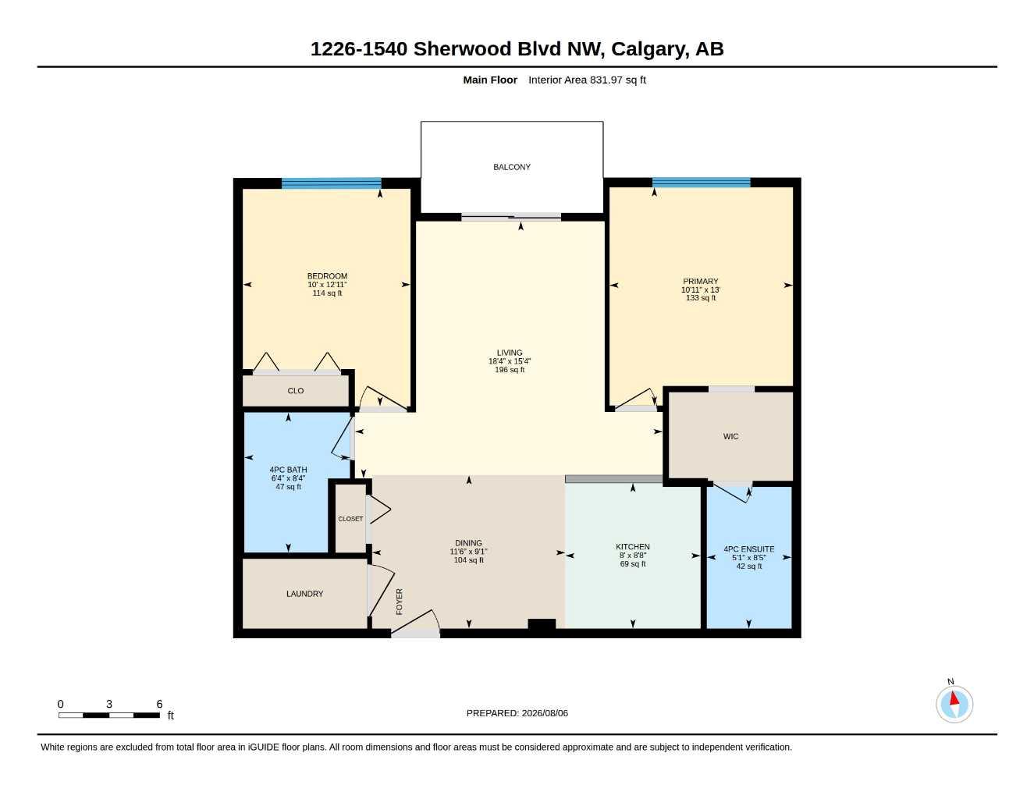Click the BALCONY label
pyautogui.click(x=511, y=167)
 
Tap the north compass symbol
pyautogui.click(x=954, y=704)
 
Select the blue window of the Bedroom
pyautogui.click(x=331, y=183)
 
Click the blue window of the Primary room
pyautogui.click(x=701, y=183)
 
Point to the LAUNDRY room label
pyautogui.click(x=304, y=594)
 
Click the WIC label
pyautogui.click(x=731, y=436)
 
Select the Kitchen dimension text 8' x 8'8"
pyautogui.click(x=633, y=556)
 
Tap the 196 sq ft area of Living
pyautogui.click(x=510, y=370)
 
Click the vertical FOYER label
pyautogui.click(x=400, y=602)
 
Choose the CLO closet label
pyautogui.click(x=296, y=391)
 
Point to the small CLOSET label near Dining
pyautogui.click(x=350, y=519)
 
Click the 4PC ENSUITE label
pyautogui.click(x=749, y=549)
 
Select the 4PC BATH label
pyautogui.click(x=289, y=470)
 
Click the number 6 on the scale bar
pyautogui.click(x=159, y=704)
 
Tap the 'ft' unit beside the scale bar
pyautogui.click(x=170, y=716)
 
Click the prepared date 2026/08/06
pyautogui.click(x=545, y=713)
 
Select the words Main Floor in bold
pyautogui.click(x=490, y=80)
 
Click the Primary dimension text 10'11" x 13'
pyautogui.click(x=701, y=289)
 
